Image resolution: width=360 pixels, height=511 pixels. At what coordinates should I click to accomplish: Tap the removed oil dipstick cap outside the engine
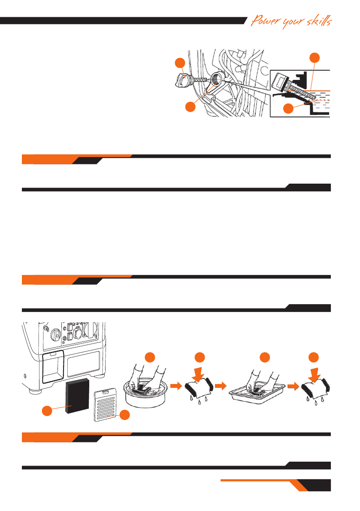tap(182, 80)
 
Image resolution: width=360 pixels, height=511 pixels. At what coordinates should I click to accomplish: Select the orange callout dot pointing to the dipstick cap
tap(180, 63)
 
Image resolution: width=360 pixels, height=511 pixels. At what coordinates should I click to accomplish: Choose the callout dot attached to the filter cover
tap(125, 415)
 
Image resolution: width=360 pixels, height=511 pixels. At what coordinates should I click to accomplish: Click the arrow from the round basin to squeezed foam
tap(176, 386)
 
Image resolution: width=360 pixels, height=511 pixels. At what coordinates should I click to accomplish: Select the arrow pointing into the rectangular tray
tap(220, 386)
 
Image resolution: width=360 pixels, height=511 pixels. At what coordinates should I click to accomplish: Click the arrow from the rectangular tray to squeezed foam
tap(292, 386)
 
